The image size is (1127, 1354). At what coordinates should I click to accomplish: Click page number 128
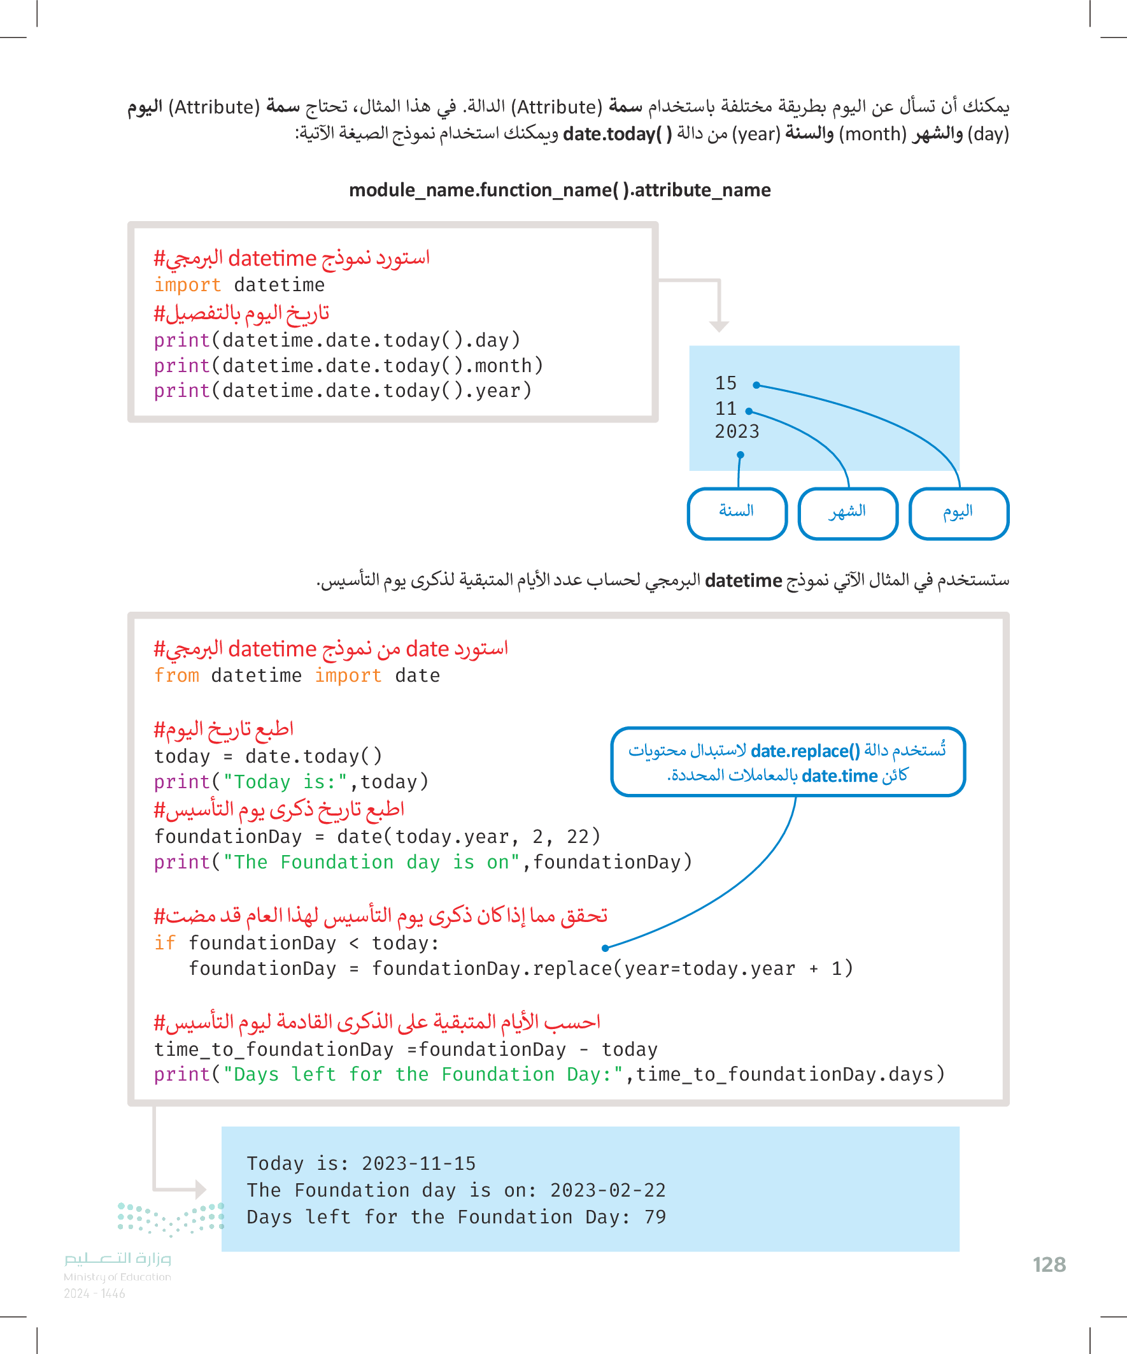pyautogui.click(x=1049, y=1265)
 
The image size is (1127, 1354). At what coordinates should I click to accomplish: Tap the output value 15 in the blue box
pyautogui.click(x=726, y=384)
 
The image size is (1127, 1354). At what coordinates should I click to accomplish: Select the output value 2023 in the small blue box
pyautogui.click(x=737, y=432)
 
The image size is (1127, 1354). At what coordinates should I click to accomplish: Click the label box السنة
pyautogui.click(x=737, y=512)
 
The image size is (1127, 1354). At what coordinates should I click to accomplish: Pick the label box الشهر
pyautogui.click(x=847, y=512)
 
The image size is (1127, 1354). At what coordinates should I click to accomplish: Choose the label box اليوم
pyautogui.click(x=958, y=512)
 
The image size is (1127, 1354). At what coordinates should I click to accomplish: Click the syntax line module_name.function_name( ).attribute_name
pyautogui.click(x=559, y=191)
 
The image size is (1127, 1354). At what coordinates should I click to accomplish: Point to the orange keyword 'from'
pyautogui.click(x=176, y=675)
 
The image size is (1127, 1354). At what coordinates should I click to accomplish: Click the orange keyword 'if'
pyautogui.click(x=164, y=943)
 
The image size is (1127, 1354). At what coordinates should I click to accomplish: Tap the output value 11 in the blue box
pyautogui.click(x=726, y=409)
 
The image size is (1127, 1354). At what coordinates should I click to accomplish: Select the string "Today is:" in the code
pyautogui.click(x=285, y=782)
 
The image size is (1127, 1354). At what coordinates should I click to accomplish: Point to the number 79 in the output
pyautogui.click(x=655, y=1217)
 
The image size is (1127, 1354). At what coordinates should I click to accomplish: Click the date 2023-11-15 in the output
pyautogui.click(x=418, y=1163)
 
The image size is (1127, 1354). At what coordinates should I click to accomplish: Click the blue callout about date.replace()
pyautogui.click(x=788, y=762)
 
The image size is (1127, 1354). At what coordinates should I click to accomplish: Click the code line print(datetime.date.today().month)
pyautogui.click(x=348, y=366)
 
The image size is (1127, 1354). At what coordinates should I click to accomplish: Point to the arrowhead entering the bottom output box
pyautogui.click(x=201, y=1189)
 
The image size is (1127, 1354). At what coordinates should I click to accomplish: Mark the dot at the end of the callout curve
pyautogui.click(x=605, y=949)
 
